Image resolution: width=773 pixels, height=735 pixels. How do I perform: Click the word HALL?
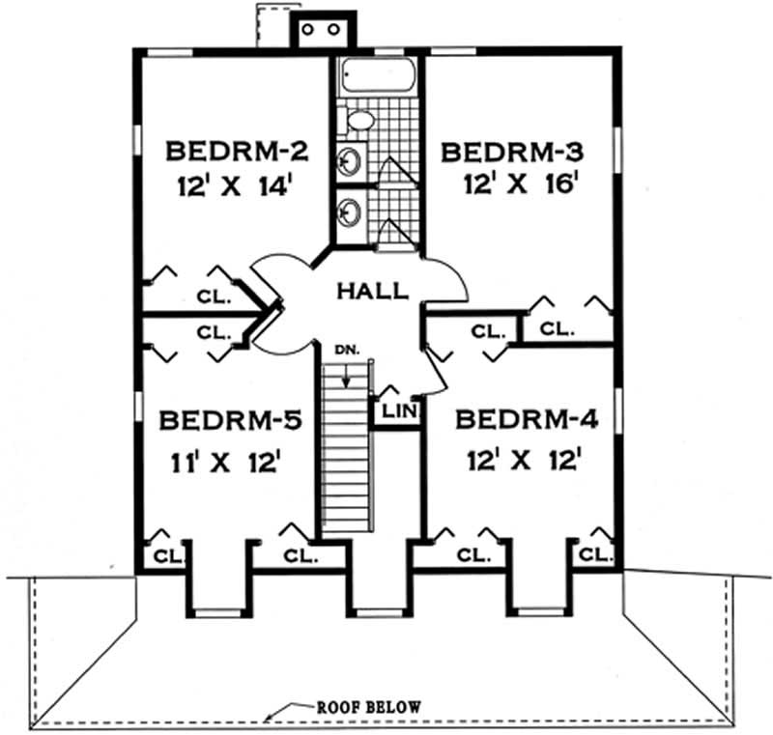point(372,289)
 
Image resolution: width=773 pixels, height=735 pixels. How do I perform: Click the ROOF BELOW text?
point(369,707)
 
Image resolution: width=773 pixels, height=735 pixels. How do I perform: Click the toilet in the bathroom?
point(359,120)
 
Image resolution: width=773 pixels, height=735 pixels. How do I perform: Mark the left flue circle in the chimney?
point(308,30)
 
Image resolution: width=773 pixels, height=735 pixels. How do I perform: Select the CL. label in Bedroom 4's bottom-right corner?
point(596,555)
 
